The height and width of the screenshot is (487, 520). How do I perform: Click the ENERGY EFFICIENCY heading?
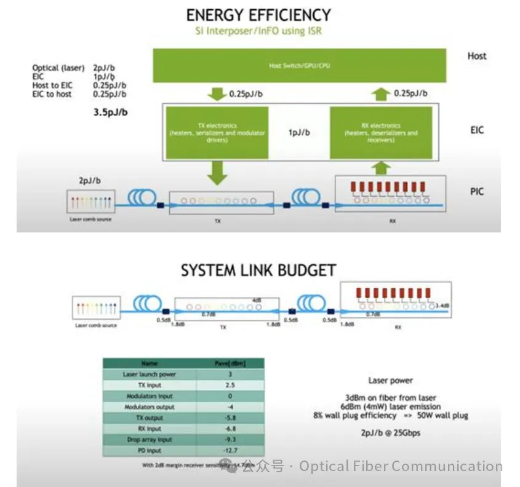tap(258, 15)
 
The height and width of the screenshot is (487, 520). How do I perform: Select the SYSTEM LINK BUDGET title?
tap(258, 270)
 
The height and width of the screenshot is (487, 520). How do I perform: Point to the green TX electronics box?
tap(217, 132)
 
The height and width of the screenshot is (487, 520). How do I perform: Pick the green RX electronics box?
tap(381, 132)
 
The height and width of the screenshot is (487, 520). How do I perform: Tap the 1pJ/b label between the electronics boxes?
tap(299, 132)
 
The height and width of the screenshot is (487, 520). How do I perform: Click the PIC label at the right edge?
tap(476, 192)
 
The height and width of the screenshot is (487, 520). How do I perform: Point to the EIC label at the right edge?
tap(476, 130)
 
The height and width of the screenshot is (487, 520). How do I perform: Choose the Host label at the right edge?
tap(476, 56)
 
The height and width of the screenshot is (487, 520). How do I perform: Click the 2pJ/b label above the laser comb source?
tap(91, 181)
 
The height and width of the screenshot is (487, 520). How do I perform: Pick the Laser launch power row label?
tap(150, 374)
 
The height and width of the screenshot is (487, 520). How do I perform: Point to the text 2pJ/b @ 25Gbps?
tap(391, 433)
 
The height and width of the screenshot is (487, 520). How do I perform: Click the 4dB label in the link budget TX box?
tap(257, 301)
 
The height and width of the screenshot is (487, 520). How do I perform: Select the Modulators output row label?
tap(150, 406)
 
